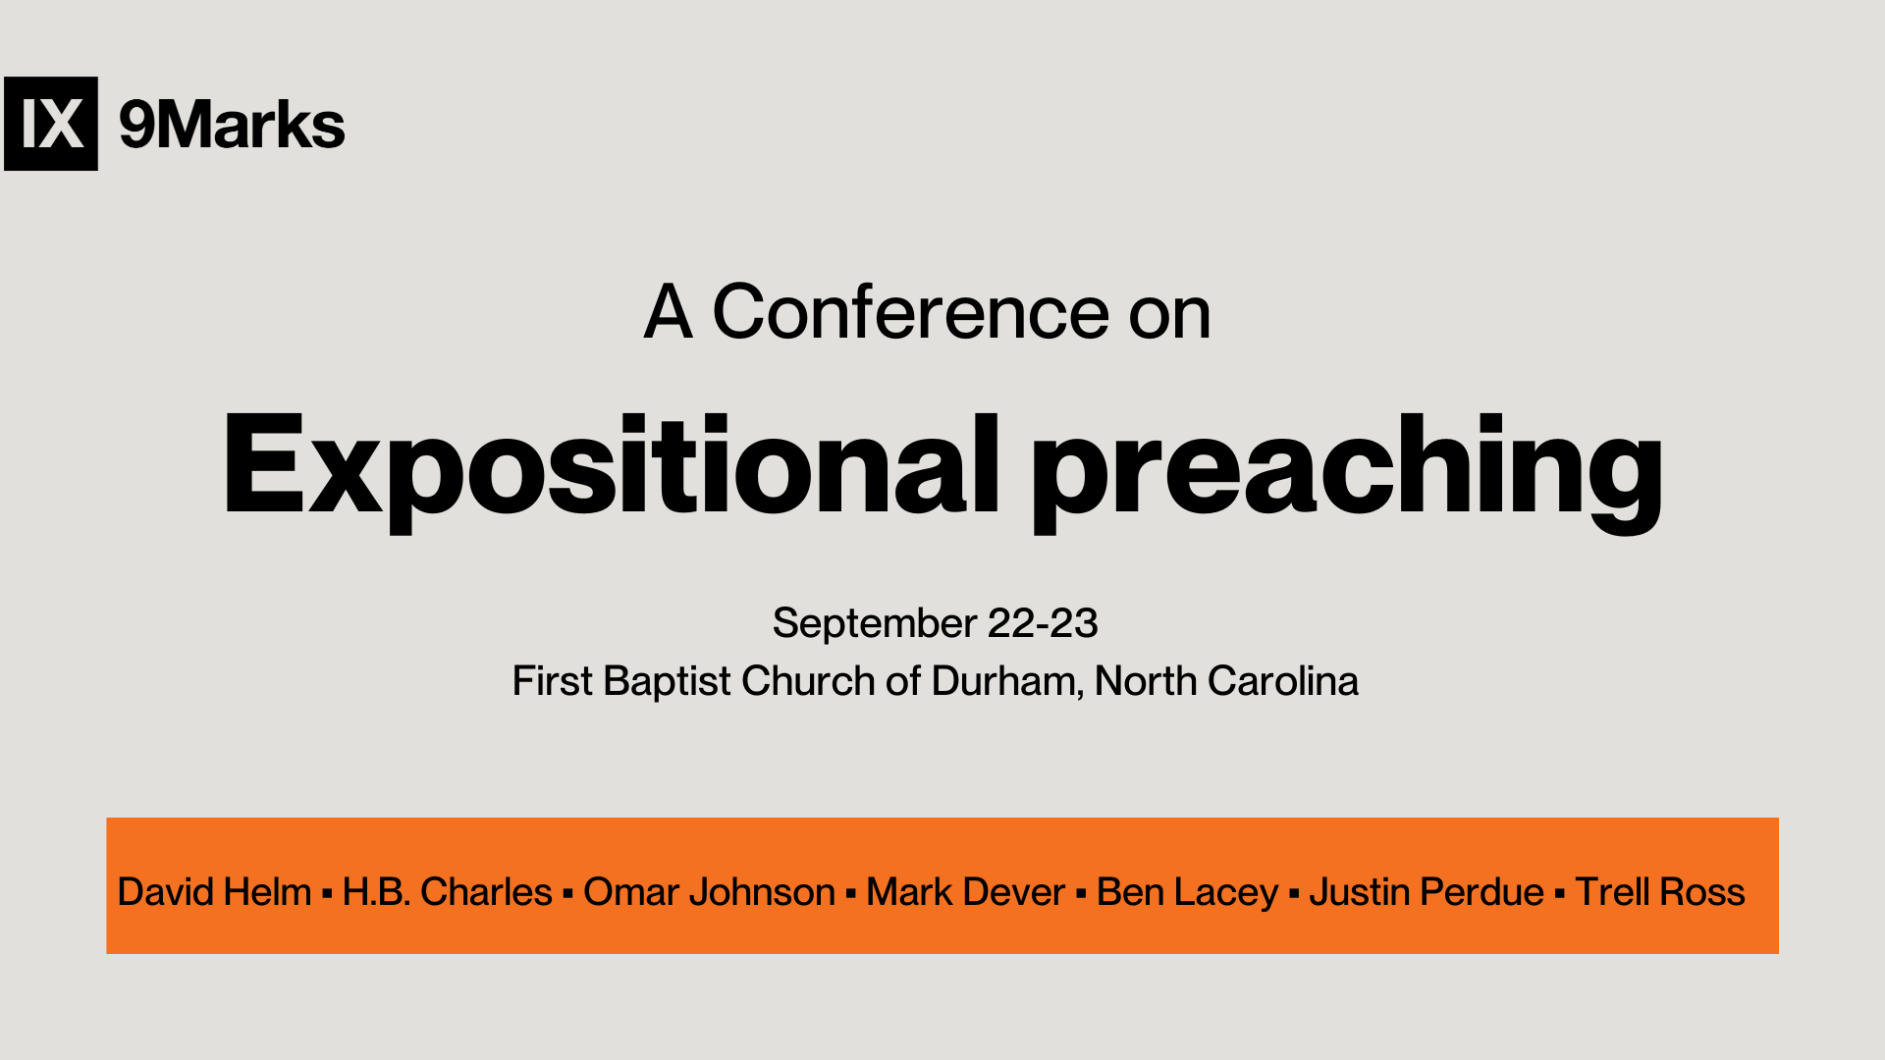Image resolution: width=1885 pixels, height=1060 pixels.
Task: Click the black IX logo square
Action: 51,124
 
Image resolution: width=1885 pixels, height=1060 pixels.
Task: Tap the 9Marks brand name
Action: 232,125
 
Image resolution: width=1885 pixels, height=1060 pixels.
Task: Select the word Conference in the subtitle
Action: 911,312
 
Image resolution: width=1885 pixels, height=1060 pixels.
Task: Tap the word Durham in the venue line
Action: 1007,682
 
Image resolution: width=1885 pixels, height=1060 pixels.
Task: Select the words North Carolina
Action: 1226,681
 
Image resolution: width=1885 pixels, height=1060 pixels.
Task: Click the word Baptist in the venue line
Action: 668,682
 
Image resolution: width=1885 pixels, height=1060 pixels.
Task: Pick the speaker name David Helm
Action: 214,892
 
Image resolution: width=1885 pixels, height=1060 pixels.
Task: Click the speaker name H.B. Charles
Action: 448,892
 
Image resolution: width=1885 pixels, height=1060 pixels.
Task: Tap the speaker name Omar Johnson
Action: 709,892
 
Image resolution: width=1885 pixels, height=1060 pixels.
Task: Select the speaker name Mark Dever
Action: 965,892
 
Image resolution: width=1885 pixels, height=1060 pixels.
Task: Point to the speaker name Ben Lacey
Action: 1187,893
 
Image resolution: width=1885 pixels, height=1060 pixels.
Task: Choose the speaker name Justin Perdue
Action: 1427,892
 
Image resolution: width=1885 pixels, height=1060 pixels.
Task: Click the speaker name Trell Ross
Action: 1660,892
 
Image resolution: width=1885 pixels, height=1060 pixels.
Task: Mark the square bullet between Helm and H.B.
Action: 327,895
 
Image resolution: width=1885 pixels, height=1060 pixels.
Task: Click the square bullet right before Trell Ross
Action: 1560,895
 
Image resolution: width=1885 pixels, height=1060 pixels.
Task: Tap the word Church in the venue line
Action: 808,681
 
